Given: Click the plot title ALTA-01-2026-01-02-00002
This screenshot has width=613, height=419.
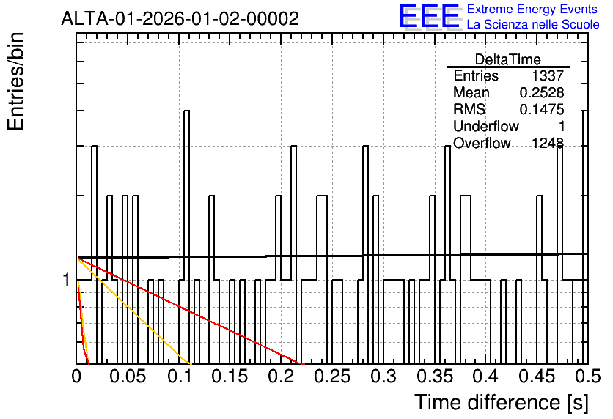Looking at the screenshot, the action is click(180, 18).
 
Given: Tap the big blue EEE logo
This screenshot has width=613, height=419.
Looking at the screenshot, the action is click(430, 16).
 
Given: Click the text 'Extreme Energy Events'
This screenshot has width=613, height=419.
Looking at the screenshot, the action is click(532, 9).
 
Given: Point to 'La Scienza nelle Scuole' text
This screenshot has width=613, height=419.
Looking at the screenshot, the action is click(533, 24).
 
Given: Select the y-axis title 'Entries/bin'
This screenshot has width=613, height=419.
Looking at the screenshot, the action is click(16, 81).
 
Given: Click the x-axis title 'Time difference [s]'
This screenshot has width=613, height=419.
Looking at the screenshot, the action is click(502, 402).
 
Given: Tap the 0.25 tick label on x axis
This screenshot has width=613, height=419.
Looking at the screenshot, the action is click(332, 377).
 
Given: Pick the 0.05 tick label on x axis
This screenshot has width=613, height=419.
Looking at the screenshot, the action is click(128, 377).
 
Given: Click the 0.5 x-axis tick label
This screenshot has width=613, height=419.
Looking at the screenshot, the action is click(588, 377).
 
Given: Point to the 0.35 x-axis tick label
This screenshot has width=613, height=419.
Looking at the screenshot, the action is click(435, 377).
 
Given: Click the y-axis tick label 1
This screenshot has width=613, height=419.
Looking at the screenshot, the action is click(67, 280).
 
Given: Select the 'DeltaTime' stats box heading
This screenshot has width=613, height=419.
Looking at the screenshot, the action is click(508, 59).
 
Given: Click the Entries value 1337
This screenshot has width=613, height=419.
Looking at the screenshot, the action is click(547, 75).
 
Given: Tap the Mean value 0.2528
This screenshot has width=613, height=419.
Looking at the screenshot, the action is click(542, 92).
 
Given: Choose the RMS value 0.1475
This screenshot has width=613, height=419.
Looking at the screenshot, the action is click(542, 109).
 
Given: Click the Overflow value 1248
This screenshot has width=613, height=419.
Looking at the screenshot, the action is click(547, 143).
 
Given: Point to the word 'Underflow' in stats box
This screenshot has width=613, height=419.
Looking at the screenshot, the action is click(486, 126).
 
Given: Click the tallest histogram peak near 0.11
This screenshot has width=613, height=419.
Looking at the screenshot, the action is click(186, 111).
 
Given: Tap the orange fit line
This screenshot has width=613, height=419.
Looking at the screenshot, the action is click(134, 311).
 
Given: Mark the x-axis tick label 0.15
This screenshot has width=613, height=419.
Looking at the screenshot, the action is click(230, 377).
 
